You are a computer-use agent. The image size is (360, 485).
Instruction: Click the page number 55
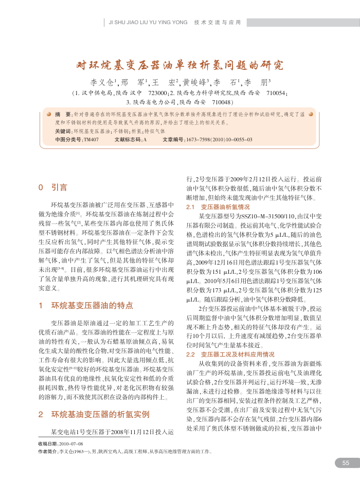click(346, 463)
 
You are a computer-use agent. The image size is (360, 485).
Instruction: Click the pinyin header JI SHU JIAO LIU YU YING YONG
click(148, 23)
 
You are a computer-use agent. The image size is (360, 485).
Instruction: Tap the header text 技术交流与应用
click(218, 23)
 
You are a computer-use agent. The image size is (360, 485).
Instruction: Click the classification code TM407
click(91, 139)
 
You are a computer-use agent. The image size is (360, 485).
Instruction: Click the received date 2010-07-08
click(71, 443)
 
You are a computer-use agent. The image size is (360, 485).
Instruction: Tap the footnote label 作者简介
click(48, 451)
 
